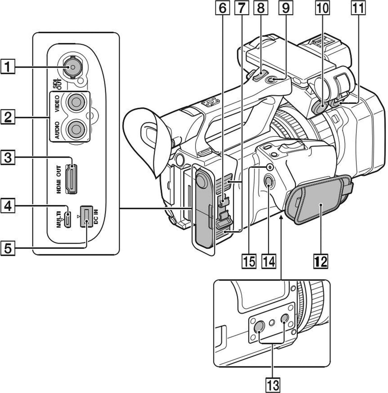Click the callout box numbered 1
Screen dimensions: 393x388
tap(8, 67)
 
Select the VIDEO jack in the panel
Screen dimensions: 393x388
tap(75, 102)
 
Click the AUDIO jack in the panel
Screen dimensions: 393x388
tap(75, 129)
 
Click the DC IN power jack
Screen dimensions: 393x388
tap(86, 216)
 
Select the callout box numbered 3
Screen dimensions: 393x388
tap(8, 158)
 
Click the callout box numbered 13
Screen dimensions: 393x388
tap(273, 385)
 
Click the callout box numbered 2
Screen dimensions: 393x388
tap(8, 117)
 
